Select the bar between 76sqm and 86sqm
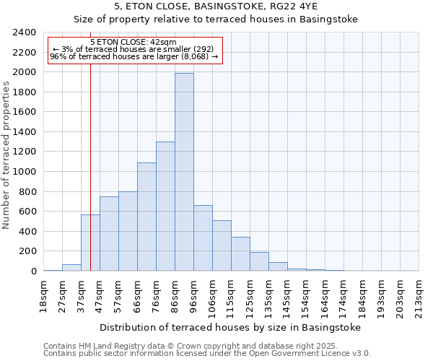(165, 206)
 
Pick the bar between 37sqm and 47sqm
(90, 243)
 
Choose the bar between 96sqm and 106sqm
(203, 238)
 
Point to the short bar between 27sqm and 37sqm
(71, 267)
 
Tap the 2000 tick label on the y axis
(25, 72)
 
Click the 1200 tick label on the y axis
(25, 152)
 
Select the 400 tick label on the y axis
(27, 231)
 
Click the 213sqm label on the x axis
(418, 295)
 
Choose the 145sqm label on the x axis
(287, 295)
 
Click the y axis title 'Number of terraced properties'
(6, 155)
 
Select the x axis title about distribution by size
(229, 327)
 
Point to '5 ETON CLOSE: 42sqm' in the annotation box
(134, 43)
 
